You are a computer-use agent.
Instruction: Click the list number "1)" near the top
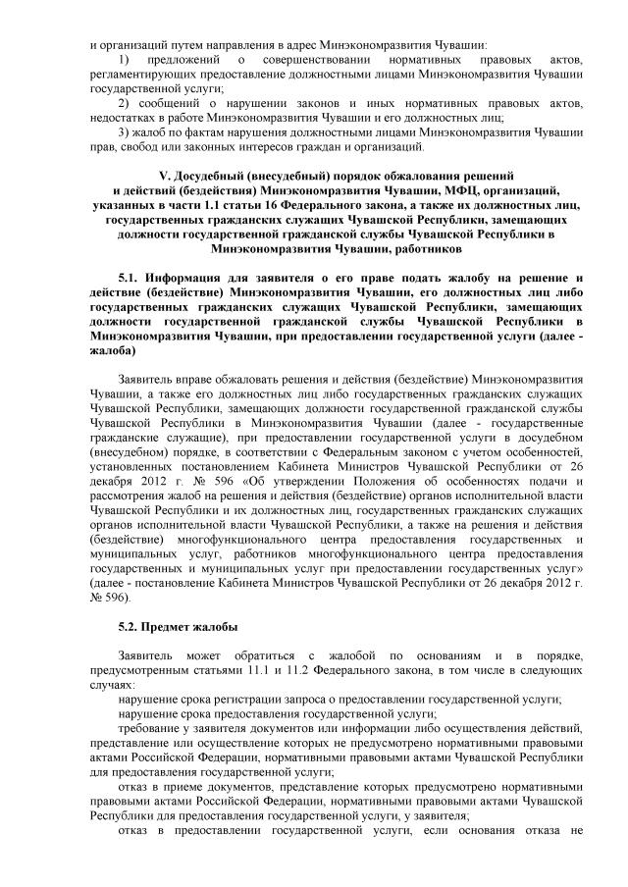click(x=122, y=62)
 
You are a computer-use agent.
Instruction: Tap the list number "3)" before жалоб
click(x=122, y=131)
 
